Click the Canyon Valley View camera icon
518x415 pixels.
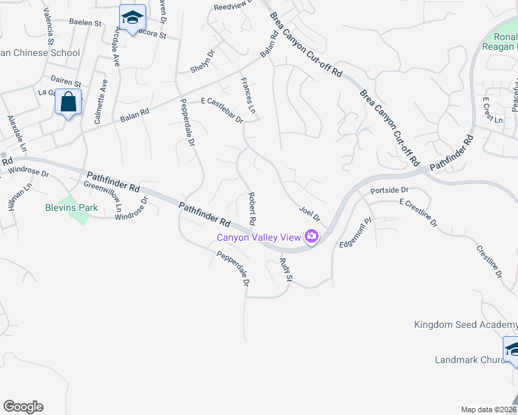(312, 237)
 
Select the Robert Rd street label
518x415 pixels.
(253, 208)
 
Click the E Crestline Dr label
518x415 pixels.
(418, 212)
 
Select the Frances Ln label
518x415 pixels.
(248, 100)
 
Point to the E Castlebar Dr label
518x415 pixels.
(222, 109)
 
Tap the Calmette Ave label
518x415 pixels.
(101, 101)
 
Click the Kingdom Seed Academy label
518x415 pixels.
(465, 324)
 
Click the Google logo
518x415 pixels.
(23, 407)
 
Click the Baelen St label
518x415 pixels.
(85, 22)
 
